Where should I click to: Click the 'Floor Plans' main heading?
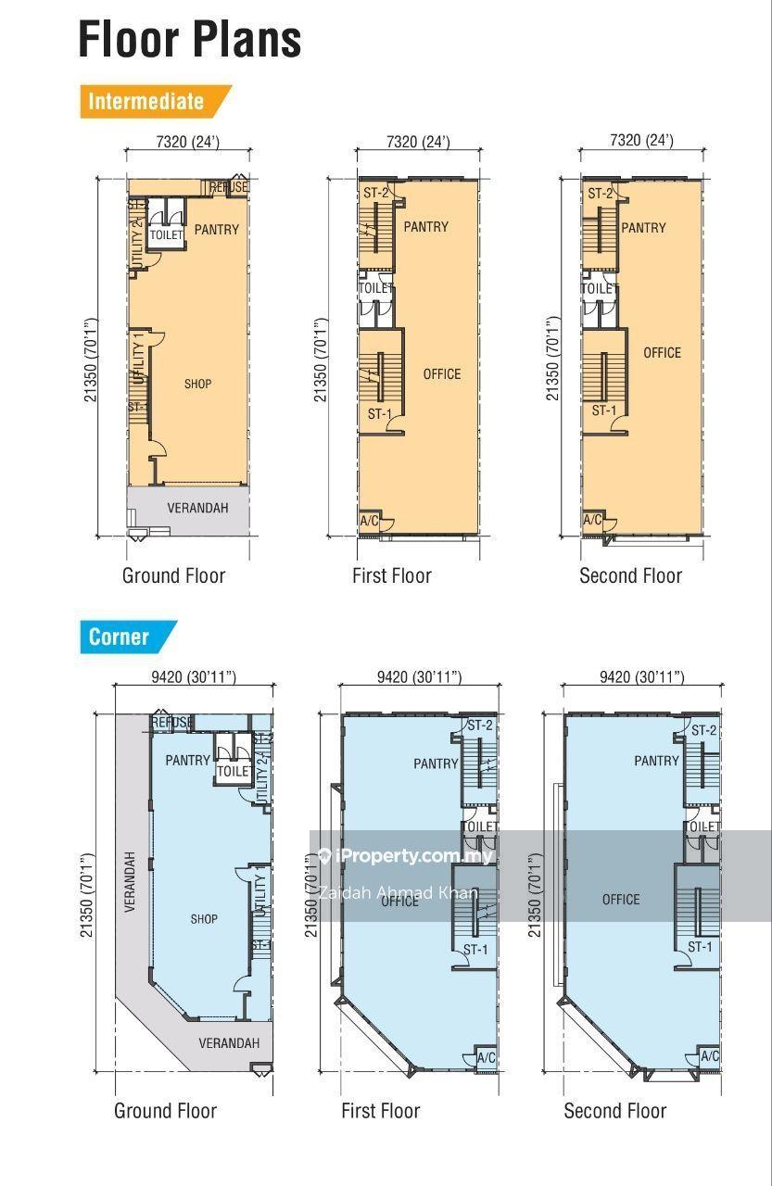pos(190,39)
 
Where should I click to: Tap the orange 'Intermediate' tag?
pos(156,101)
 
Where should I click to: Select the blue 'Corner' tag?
pos(128,637)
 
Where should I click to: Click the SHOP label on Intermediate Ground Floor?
pos(198,384)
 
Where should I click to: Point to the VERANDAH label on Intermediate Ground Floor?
pos(198,508)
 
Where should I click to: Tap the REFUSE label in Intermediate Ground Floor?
pos(229,187)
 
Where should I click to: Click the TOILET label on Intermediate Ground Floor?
pos(166,234)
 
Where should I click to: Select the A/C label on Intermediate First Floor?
pos(370,521)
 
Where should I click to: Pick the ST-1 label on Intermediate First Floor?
pos(380,413)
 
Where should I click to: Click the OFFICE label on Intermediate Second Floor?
pos(662,353)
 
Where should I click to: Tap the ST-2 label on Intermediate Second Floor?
pos(600,194)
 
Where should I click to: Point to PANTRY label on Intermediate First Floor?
pos(425,227)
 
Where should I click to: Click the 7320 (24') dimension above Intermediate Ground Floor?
pos(188,142)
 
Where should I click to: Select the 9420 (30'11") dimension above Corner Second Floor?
pos(641,676)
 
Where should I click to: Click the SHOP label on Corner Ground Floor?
pos(204,918)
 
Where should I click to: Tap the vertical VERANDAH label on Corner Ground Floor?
pos(130,881)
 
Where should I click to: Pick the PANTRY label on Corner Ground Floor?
pos(187,761)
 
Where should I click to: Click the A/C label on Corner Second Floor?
pos(710,1055)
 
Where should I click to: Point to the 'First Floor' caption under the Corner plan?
pos(381,1110)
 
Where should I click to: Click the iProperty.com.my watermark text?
pos(413,855)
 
